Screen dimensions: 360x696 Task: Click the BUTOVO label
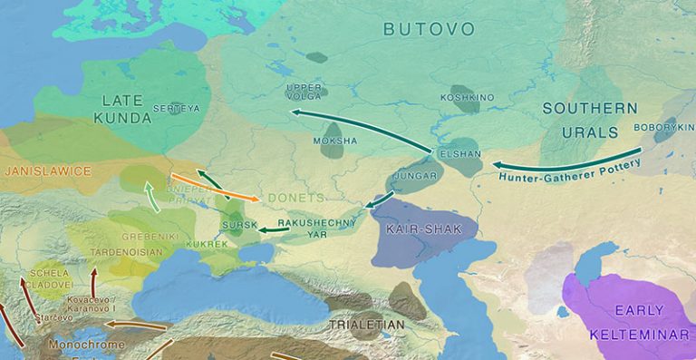tap(429, 29)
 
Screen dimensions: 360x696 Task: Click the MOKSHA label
tap(334, 141)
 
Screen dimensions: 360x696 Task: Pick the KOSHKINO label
tap(466, 96)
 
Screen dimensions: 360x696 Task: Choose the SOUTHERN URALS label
tap(590, 120)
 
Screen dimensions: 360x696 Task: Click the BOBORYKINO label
tap(663, 127)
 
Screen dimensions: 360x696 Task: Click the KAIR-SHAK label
tap(418, 229)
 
